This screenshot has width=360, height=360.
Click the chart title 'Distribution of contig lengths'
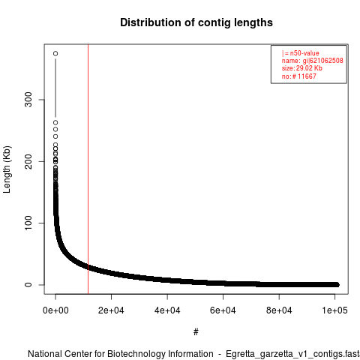pyautogui.click(x=196, y=22)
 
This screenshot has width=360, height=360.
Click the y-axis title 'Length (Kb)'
pyautogui.click(x=7, y=169)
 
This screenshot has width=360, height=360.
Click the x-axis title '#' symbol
pyautogui.click(x=196, y=332)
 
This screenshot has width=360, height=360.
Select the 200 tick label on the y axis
pyautogui.click(x=28, y=161)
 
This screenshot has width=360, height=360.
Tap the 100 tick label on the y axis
pyautogui.click(x=28, y=223)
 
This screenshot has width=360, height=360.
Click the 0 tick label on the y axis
pyautogui.click(x=28, y=284)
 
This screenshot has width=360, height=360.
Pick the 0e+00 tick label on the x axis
pyautogui.click(x=55, y=310)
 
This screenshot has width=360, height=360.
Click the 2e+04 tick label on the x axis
pyautogui.click(x=111, y=310)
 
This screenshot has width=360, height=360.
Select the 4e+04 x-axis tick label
pyautogui.click(x=167, y=310)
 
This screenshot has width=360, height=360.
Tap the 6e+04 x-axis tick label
pyautogui.click(x=223, y=310)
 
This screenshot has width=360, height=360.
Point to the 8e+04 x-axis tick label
pyautogui.click(x=279, y=310)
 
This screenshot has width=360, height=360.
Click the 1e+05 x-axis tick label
pyautogui.click(x=334, y=310)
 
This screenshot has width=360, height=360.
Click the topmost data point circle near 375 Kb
pyautogui.click(x=55, y=53)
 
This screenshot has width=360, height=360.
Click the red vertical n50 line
pyautogui.click(x=88, y=169)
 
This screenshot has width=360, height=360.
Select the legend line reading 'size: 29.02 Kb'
pyautogui.click(x=302, y=68)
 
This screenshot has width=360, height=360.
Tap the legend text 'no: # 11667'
pyautogui.click(x=299, y=76)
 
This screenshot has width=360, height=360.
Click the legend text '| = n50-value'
pyautogui.click(x=301, y=53)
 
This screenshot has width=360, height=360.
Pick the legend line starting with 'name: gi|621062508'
pyautogui.click(x=313, y=61)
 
